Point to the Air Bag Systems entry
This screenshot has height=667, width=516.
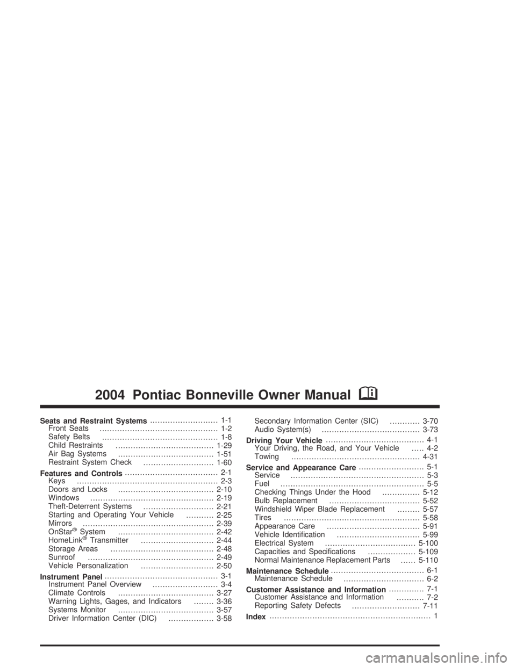[77, 454]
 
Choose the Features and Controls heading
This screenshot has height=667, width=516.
[81, 473]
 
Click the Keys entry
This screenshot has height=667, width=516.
[57, 481]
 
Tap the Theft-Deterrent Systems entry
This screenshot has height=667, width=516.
[90, 506]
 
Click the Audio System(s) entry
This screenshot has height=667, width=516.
[283, 430]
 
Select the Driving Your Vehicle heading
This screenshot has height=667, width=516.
[284, 440]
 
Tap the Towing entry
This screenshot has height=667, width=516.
[267, 456]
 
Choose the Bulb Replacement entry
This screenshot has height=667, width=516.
[286, 501]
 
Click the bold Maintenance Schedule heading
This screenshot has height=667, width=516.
[288, 571]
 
